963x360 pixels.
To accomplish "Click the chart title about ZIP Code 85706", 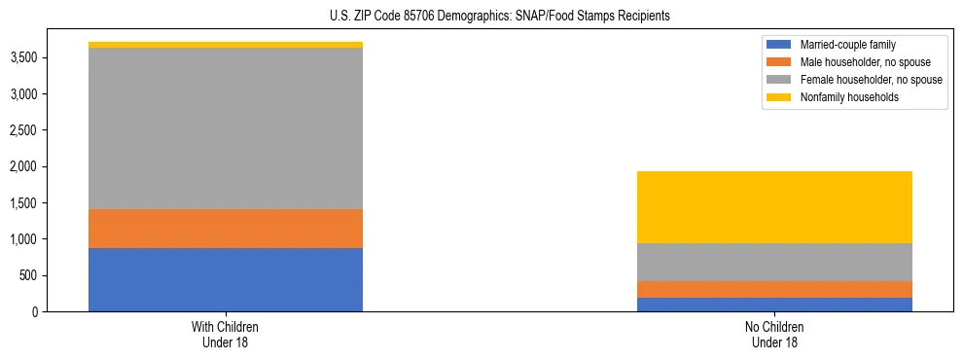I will (481, 17).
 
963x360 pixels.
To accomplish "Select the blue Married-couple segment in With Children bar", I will (226, 280).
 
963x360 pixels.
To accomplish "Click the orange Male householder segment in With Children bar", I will (226, 229).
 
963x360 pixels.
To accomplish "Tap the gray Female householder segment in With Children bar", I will (226, 128).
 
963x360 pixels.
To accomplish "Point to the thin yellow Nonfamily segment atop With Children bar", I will (226, 45).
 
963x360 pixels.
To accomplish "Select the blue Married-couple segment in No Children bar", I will (774, 305).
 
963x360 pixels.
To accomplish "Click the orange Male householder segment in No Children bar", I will (774, 289).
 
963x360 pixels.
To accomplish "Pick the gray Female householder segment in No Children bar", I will (774, 262).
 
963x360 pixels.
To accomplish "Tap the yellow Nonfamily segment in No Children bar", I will (774, 207).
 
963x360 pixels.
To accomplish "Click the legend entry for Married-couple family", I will (843, 45).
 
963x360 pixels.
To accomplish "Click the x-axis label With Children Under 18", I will (226, 334).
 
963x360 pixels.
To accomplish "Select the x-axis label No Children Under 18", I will (774, 334).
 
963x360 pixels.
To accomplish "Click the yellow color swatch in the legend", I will (779, 97).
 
